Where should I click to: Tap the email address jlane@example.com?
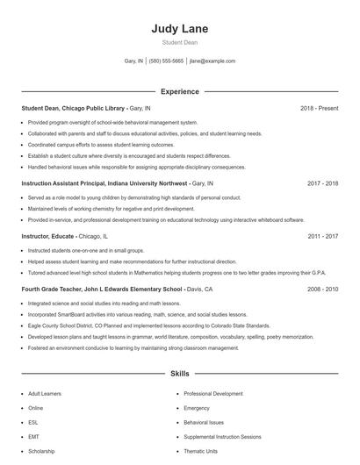click(212, 61)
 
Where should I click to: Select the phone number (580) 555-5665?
click(166, 61)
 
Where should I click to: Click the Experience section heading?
click(179, 91)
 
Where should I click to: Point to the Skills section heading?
click(179, 373)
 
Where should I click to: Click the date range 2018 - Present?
click(319, 108)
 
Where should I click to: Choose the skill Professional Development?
click(213, 394)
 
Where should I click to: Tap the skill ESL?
click(33, 422)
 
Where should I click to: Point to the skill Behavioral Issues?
click(204, 422)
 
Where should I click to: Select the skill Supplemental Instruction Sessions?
click(221, 436)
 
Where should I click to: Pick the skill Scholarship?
click(41, 451)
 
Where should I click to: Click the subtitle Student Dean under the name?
click(179, 42)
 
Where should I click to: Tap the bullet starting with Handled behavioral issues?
click(136, 167)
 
